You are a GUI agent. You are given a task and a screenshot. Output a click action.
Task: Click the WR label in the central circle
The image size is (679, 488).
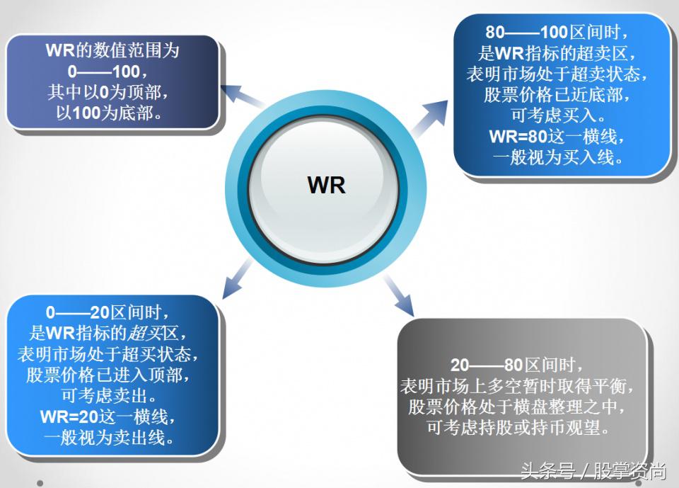[327, 185]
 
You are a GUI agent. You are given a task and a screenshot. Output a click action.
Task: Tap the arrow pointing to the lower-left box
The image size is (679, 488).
[236, 278]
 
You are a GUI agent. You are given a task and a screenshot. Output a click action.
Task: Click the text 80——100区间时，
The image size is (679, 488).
[557, 33]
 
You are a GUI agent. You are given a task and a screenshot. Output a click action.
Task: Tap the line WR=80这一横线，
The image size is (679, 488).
[557, 137]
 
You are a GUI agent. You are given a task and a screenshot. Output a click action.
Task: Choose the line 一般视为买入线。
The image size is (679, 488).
[557, 157]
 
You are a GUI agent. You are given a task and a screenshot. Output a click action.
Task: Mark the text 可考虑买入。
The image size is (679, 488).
[557, 115]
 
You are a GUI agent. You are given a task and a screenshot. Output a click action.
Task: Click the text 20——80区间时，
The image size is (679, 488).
[518, 365]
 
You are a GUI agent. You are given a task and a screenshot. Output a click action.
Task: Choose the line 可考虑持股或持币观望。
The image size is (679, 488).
[518, 428]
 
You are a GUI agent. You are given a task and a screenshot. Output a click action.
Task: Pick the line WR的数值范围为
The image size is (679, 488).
[112, 50]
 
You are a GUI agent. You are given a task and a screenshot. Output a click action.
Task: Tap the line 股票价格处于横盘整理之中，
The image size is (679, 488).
[518, 407]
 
